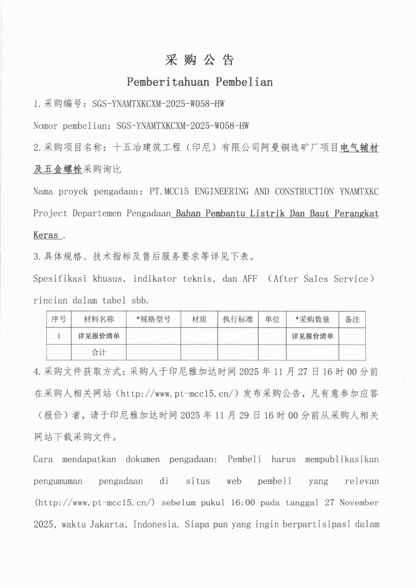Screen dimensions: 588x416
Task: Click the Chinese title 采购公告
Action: click(200, 60)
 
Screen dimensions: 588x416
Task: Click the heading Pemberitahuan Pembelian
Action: click(200, 82)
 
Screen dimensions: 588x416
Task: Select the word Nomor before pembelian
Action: click(45, 126)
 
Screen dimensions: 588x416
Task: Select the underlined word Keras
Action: click(46, 236)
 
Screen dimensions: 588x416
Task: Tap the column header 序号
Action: click(59, 319)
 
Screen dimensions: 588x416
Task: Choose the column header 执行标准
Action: click(238, 319)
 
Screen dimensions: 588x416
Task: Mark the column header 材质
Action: click(199, 319)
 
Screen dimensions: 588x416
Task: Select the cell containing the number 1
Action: click(59, 336)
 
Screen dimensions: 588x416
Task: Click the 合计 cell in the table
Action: click(99, 352)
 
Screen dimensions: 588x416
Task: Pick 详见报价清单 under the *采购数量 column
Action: click(313, 336)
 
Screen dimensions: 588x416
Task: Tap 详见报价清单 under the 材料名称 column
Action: click(99, 336)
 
